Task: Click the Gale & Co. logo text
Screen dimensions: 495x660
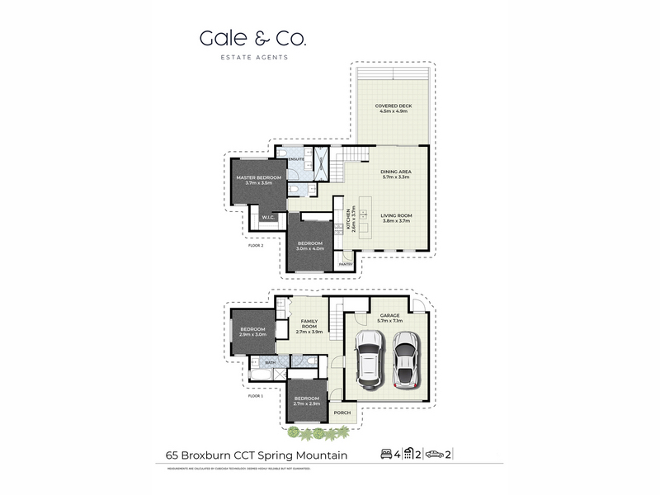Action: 252,39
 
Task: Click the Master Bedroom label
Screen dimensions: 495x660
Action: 258,180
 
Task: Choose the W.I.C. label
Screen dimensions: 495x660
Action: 268,217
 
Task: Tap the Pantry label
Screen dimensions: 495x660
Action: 346,264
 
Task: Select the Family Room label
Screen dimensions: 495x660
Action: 309,323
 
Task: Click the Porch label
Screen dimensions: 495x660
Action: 342,413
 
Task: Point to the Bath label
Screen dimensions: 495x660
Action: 270,362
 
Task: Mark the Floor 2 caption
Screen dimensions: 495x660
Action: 255,246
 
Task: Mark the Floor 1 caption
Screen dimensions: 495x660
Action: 255,396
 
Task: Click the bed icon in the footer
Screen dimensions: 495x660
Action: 385,454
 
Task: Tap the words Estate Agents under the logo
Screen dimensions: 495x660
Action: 252,57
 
